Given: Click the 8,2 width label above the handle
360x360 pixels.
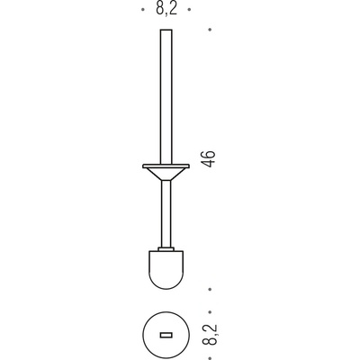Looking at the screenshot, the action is [x=166, y=9].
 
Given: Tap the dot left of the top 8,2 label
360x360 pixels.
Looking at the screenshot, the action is [x=142, y=10].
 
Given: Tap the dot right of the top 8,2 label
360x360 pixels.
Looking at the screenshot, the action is [x=189, y=10].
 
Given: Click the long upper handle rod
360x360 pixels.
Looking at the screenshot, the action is [x=166, y=97].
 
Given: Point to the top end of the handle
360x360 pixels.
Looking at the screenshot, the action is [x=166, y=30].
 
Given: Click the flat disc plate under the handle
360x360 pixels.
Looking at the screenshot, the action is [x=166, y=166].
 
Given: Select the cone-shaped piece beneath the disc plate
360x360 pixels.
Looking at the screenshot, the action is [x=166, y=174].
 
